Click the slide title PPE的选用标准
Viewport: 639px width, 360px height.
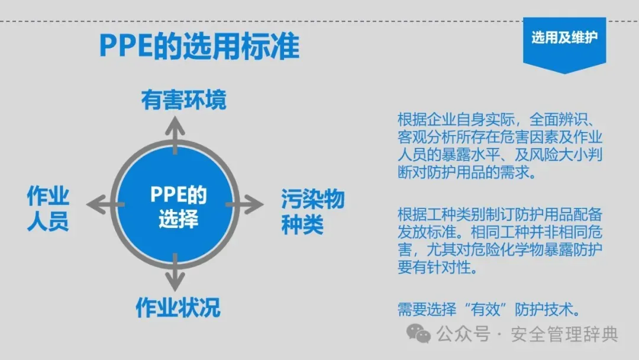tap(199, 46)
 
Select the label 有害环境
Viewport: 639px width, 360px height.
tap(183, 101)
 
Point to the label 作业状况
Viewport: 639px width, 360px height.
tap(177, 307)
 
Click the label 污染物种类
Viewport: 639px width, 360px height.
tap(312, 212)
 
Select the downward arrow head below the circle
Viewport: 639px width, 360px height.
tap(175, 284)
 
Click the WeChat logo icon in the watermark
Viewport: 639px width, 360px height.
tap(422, 334)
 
